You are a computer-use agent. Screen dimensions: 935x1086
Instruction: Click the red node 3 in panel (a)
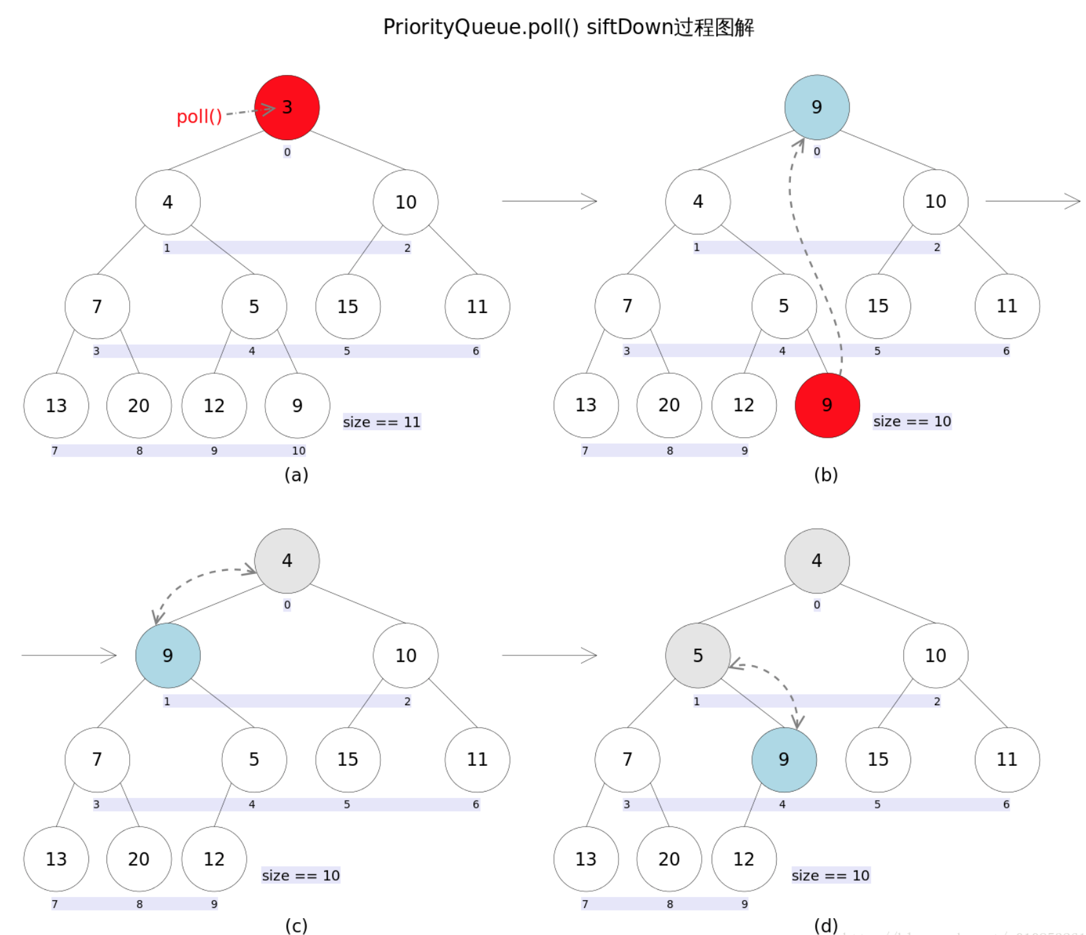click(x=287, y=107)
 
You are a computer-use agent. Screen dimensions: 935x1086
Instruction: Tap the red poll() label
click(x=199, y=117)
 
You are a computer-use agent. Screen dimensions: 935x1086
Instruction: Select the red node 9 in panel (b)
click(x=826, y=405)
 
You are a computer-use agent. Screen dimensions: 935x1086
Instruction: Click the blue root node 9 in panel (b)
click(x=817, y=107)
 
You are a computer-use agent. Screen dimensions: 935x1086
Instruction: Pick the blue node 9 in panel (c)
click(x=167, y=655)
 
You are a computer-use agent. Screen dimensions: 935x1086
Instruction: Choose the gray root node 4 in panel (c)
click(x=287, y=560)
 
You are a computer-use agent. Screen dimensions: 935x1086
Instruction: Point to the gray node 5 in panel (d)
click(x=697, y=655)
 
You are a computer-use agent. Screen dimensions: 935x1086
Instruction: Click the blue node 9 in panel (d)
click(x=784, y=759)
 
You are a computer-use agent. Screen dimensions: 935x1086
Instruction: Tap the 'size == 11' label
click(x=382, y=422)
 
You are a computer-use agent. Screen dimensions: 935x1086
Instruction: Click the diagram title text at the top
click(x=568, y=27)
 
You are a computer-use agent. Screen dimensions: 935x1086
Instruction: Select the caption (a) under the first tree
click(x=296, y=475)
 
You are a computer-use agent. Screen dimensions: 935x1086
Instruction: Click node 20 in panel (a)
click(x=139, y=406)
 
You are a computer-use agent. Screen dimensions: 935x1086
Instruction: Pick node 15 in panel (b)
click(x=877, y=306)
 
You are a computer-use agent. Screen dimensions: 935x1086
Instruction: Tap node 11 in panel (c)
click(x=477, y=759)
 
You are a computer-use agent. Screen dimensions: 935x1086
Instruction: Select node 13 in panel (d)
click(x=586, y=859)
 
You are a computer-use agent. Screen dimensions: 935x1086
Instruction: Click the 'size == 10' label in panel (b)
click(x=912, y=422)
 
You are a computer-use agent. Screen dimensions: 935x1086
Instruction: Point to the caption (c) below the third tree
click(x=296, y=926)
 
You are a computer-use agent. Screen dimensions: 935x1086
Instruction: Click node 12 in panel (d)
click(x=744, y=859)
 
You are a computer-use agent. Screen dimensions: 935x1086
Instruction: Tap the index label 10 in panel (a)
click(x=298, y=451)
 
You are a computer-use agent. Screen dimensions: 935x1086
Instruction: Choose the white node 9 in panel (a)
click(x=297, y=406)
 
